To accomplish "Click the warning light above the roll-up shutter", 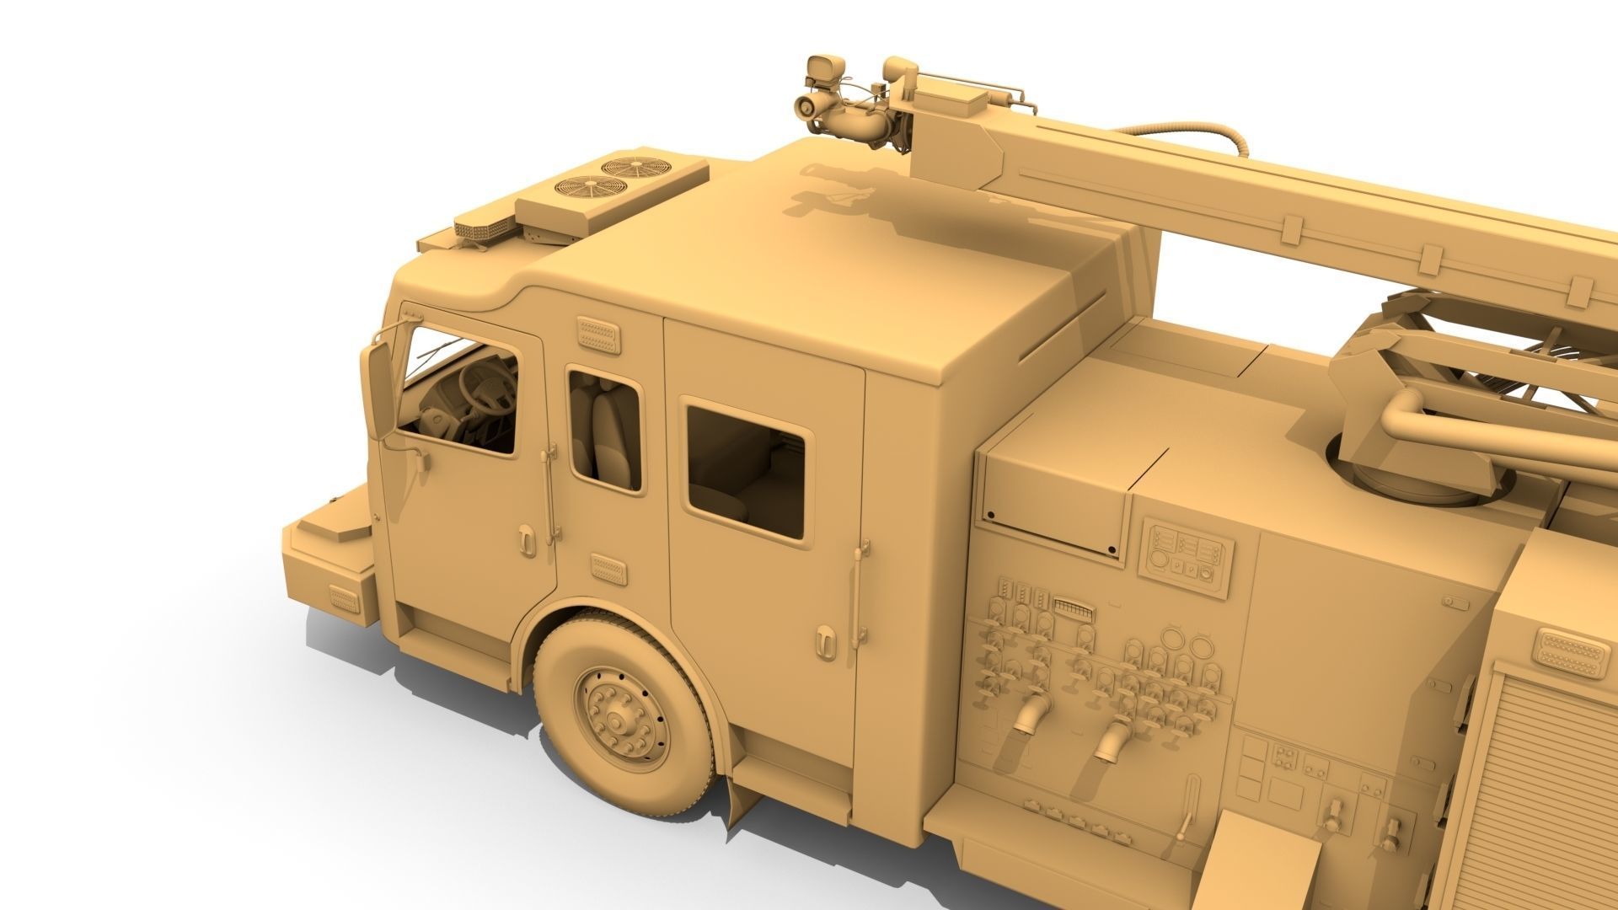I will pos(1572,651).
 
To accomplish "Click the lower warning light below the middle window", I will pos(608,569).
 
